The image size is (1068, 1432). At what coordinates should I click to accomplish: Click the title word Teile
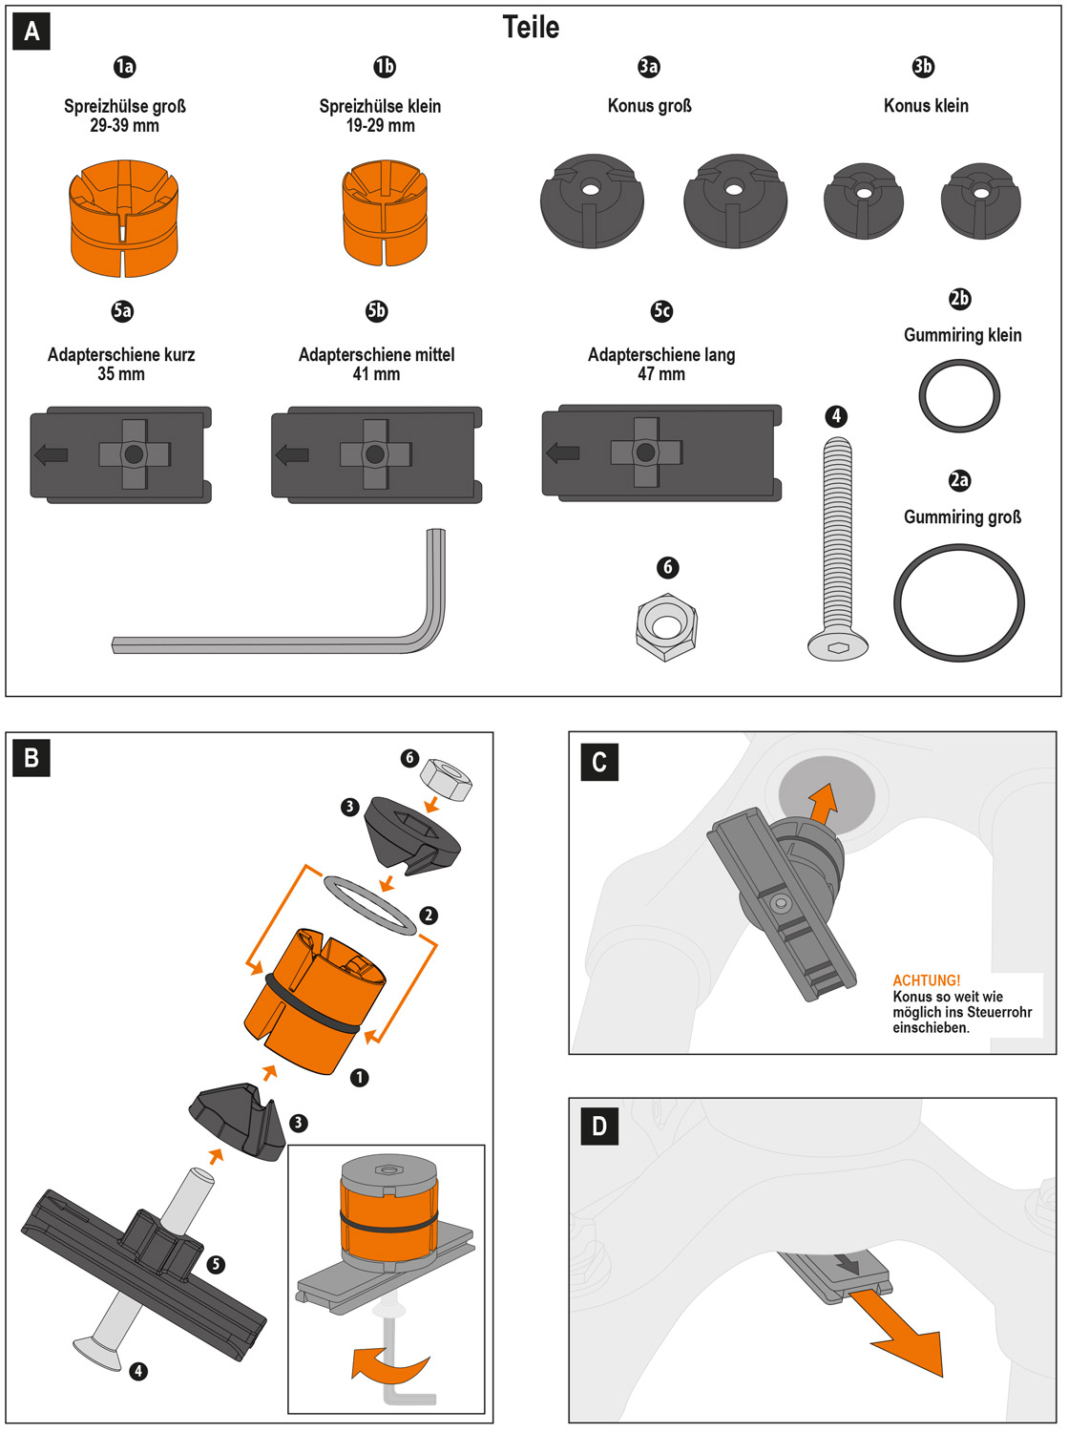pos(531,28)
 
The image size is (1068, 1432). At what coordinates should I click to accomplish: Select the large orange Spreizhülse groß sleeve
pos(124,219)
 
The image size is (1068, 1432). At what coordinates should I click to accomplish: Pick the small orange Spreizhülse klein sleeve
pos(385,213)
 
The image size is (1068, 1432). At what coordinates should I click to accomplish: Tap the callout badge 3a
pos(649,66)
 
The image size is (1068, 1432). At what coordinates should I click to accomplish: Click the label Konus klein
pos(926,106)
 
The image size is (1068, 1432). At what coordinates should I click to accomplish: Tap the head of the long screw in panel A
pos(838,646)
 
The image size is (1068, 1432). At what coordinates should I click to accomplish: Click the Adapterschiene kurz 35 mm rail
pos(120,454)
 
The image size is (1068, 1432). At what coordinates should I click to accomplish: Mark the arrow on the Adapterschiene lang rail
pos(563,452)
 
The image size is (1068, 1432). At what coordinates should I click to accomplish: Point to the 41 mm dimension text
pos(376,374)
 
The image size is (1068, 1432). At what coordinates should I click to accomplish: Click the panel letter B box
pos(31,758)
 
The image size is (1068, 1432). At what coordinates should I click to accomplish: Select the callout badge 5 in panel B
pos(217,1264)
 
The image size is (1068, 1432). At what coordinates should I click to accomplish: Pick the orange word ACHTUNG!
pos(926,980)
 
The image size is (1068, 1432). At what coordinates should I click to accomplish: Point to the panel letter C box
pos(599,762)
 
